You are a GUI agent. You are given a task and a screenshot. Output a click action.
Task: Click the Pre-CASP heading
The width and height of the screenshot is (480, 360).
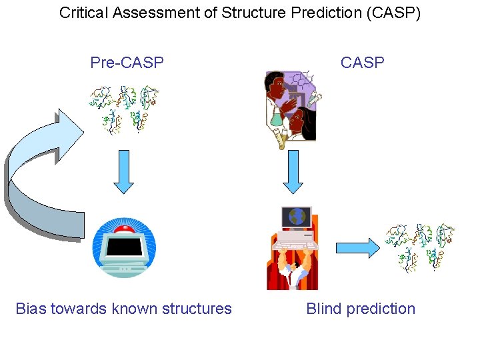pyautogui.click(x=127, y=63)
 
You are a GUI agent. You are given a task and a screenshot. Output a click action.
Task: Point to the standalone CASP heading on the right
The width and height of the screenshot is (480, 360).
pyautogui.click(x=362, y=63)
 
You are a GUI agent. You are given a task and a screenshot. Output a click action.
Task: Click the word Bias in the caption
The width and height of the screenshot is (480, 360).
pyautogui.click(x=31, y=309)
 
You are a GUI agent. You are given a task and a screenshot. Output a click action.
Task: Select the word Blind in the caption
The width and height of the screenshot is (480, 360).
pyautogui.click(x=323, y=309)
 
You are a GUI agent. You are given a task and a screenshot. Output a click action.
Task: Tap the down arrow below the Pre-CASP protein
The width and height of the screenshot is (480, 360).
pyautogui.click(x=123, y=173)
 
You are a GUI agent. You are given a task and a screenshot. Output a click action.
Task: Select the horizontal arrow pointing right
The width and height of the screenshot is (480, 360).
pyautogui.click(x=357, y=248)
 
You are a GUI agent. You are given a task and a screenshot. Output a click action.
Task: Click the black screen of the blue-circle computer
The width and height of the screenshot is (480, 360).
pyautogui.click(x=123, y=248)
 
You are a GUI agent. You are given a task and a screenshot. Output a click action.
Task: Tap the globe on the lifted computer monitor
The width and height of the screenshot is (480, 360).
pyautogui.click(x=296, y=217)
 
